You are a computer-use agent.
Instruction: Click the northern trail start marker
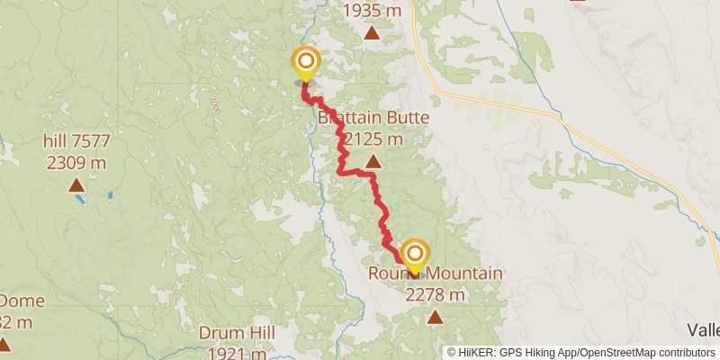point(306,62)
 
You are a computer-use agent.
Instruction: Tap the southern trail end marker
point(414,254)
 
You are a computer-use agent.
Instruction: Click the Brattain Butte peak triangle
point(372,163)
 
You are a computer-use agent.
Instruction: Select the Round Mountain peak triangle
point(435,316)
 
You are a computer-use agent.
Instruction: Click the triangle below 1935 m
point(372,34)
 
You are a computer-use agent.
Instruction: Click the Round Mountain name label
point(435,274)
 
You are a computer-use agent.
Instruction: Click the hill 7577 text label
point(76,141)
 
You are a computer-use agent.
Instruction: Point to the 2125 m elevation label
point(372,139)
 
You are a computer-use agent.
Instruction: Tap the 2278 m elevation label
point(435,294)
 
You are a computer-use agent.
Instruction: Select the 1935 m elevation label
point(372,12)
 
